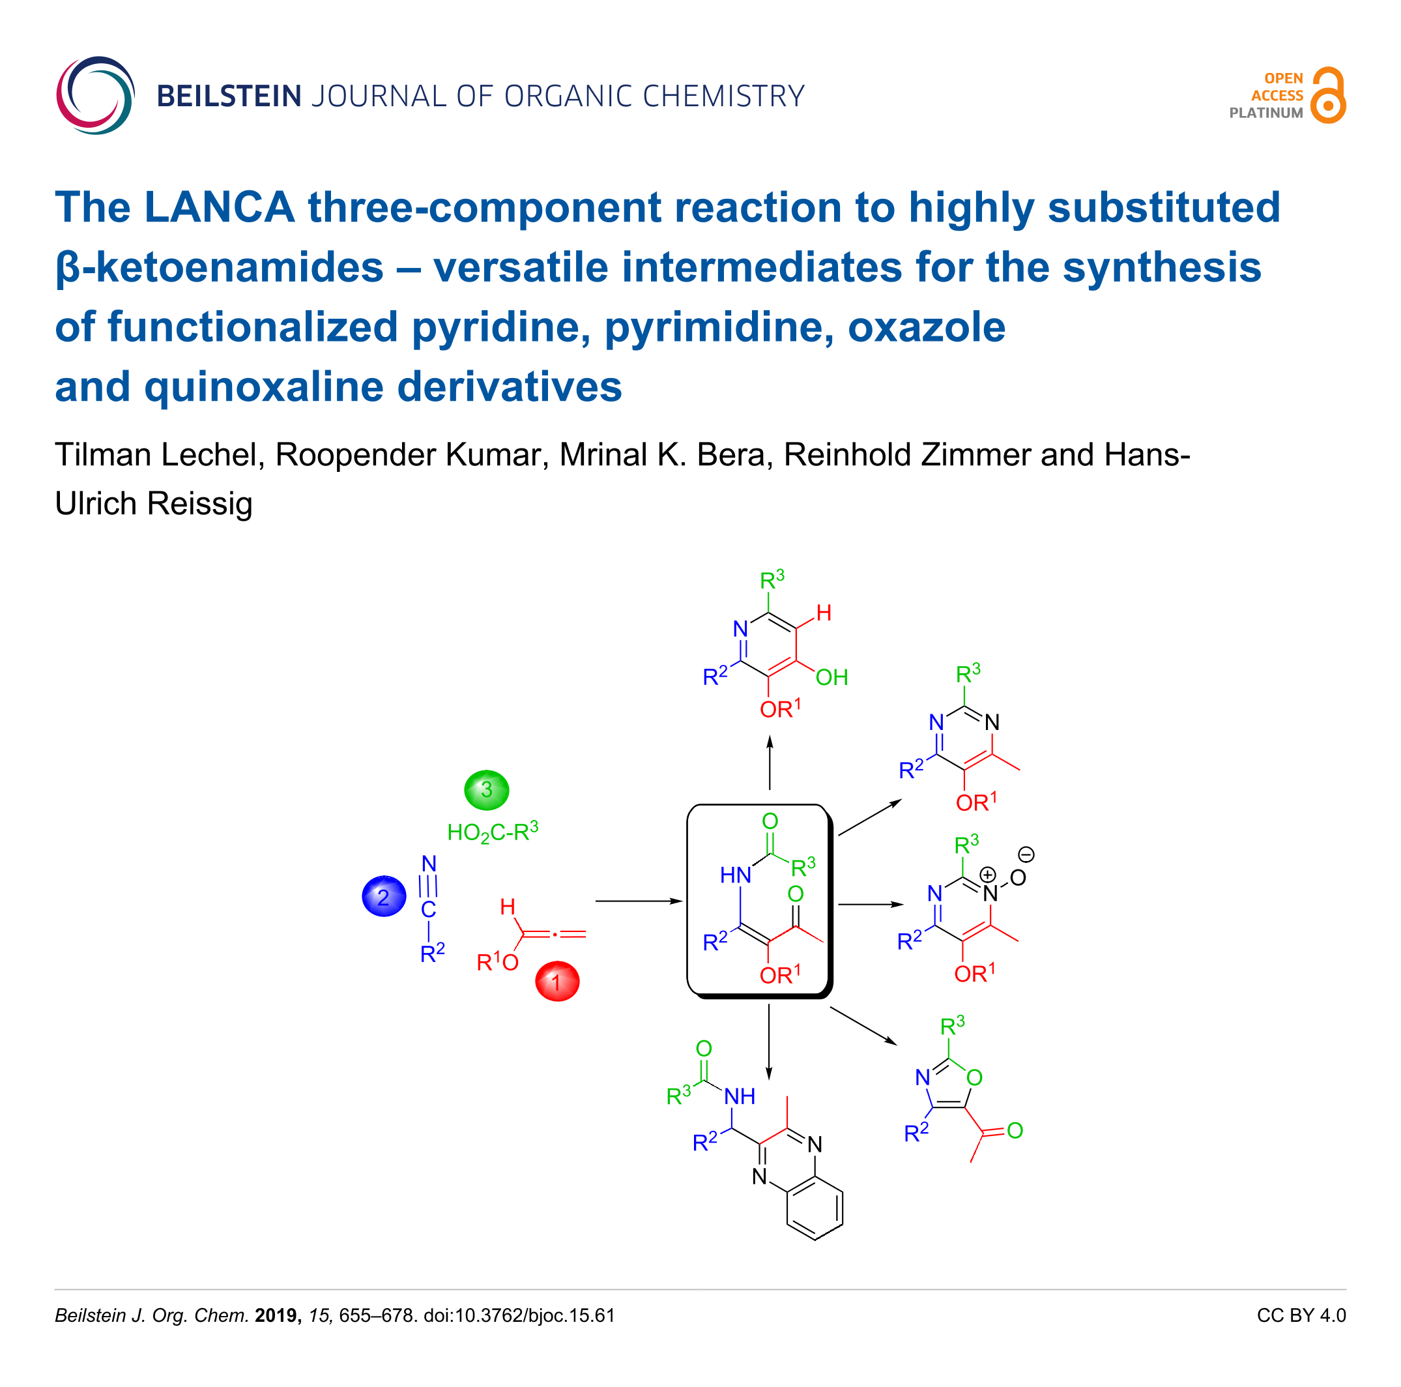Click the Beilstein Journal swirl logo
click(95, 95)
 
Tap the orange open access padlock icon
click(1329, 96)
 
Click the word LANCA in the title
click(219, 207)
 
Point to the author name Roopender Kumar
click(409, 455)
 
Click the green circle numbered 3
click(487, 790)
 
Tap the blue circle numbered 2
click(384, 897)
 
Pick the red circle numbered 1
click(557, 982)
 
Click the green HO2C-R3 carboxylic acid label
click(493, 831)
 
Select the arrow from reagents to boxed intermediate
click(638, 901)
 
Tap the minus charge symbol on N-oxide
click(1026, 854)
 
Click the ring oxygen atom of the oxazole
click(975, 1077)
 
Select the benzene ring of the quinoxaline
click(815, 1207)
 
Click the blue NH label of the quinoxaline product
click(740, 1096)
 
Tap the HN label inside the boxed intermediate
click(735, 875)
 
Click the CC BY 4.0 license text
click(1301, 1315)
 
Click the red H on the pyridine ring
click(824, 613)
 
